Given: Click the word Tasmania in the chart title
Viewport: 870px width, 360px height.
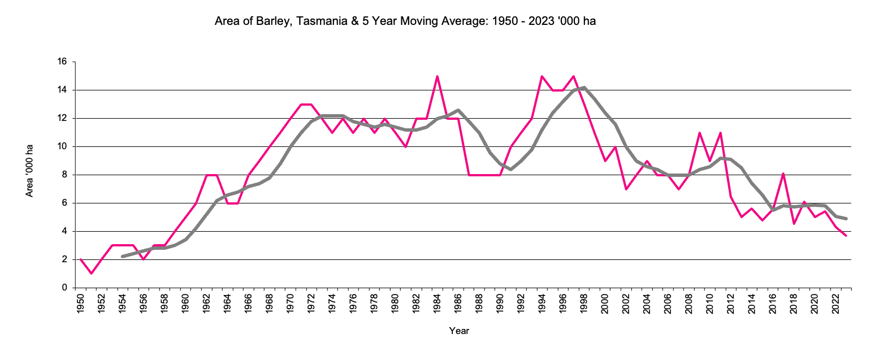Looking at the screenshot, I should [x=304, y=22].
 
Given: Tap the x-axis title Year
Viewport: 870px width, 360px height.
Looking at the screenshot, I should [x=459, y=331].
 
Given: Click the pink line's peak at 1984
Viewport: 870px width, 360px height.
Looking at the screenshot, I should [x=438, y=76].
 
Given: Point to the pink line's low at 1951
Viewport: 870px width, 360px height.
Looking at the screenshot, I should [x=92, y=274].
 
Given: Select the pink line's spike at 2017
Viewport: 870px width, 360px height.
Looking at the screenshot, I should [x=784, y=174].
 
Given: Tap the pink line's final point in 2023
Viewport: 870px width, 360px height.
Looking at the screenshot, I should [x=846, y=236].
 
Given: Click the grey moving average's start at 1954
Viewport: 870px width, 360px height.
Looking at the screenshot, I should [x=123, y=257].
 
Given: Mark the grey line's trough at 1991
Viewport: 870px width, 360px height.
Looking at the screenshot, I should [x=511, y=169].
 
